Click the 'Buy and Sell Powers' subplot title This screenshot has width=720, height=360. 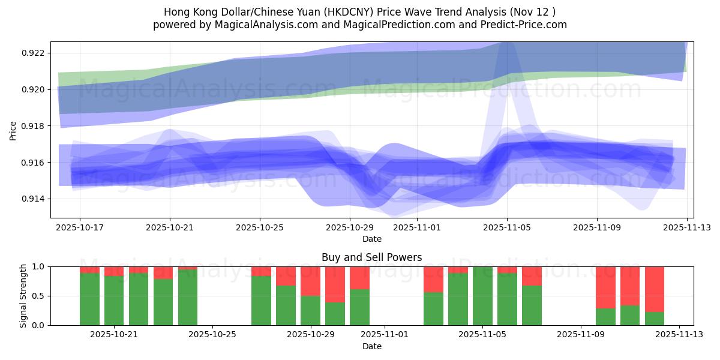tap(371, 257)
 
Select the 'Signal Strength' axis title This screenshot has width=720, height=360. tap(24, 296)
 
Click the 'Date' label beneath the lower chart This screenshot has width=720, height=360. tap(371, 346)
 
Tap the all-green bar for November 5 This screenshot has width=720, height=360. tap(482, 296)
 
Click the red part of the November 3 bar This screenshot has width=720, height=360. tap(433, 279)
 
